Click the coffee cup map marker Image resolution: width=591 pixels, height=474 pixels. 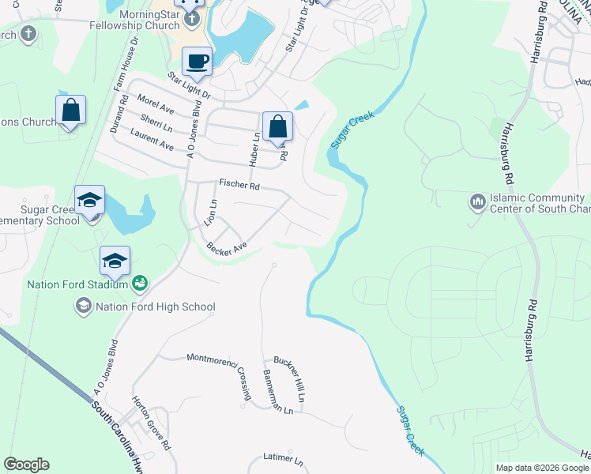pyautogui.click(x=198, y=62)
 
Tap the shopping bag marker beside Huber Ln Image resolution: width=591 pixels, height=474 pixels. pyautogui.click(x=277, y=126)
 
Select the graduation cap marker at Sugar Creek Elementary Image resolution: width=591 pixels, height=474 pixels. pyautogui.click(x=90, y=201)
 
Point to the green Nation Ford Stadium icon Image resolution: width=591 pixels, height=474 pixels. pyautogui.click(x=140, y=283)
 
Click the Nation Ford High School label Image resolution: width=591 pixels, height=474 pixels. pyautogui.click(x=155, y=307)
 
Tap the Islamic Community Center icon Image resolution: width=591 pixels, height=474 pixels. pyautogui.click(x=477, y=202)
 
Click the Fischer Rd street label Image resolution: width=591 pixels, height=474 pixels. pyautogui.click(x=239, y=186)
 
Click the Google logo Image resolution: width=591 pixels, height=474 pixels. pyautogui.click(x=27, y=465)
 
